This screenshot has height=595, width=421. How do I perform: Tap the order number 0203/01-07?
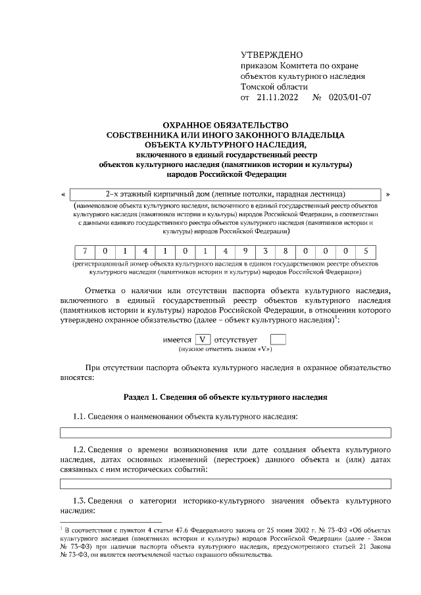point(349,97)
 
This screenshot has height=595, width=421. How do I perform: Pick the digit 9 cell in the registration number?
point(244,251)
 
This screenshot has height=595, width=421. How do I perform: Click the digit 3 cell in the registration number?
point(264,251)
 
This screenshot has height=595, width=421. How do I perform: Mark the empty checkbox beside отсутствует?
point(278,340)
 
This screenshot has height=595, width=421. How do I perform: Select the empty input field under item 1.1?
point(226,432)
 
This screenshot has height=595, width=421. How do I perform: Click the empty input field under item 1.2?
point(226,484)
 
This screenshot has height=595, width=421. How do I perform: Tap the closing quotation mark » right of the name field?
point(388,195)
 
